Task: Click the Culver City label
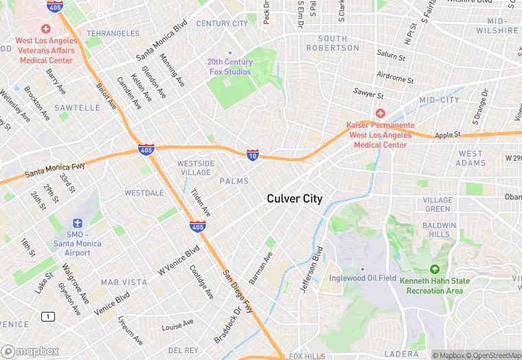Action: coord(294,199)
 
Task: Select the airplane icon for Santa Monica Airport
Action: coord(77,224)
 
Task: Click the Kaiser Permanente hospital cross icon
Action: coord(380,113)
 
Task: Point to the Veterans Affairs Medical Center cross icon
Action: coord(46,29)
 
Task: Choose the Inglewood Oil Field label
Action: coord(362,278)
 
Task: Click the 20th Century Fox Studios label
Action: coord(230,66)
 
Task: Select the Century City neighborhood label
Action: coord(222,23)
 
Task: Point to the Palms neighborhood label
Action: coord(234,181)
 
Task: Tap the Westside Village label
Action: coord(196,168)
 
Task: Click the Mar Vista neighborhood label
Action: coord(124,282)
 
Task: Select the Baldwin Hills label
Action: coord(439,229)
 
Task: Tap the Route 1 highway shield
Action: coord(47,316)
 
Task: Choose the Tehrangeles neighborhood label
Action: coord(113,33)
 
